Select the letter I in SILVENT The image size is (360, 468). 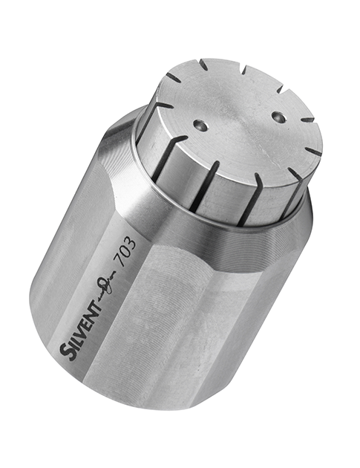pyautogui.click(x=73, y=338)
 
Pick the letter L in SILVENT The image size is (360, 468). pyautogui.click(x=77, y=331)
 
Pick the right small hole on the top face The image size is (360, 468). pyautogui.click(x=278, y=116)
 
